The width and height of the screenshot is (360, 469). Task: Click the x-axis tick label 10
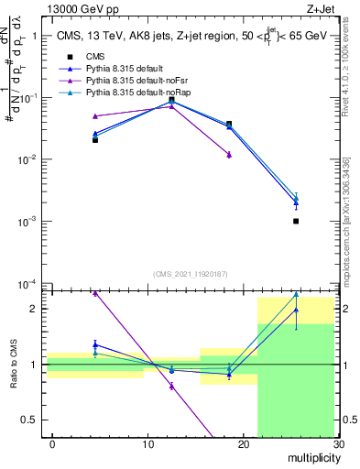[147, 444]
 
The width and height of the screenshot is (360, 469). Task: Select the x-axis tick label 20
[243, 444]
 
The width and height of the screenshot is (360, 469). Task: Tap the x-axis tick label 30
[337, 444]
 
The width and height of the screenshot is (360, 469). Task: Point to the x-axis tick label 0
[52, 444]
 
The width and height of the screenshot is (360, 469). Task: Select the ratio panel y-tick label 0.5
[30, 420]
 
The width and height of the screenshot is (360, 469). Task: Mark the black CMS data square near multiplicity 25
[296, 221]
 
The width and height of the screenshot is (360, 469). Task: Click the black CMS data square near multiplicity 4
[95, 139]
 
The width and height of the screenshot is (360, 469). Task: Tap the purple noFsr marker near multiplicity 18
[229, 155]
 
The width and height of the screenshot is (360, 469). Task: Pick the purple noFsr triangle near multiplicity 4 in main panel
[95, 116]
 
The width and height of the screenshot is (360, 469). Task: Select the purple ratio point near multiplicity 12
[171, 386]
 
